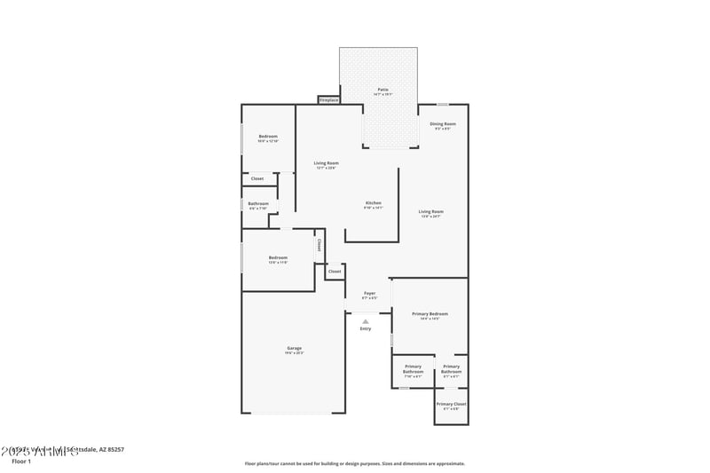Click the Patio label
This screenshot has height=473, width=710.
coord(383,90)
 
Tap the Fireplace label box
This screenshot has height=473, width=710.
coord(328,100)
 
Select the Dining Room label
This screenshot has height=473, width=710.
coord(442,123)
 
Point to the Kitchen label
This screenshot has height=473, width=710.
coord(373,203)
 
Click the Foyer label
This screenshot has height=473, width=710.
coord(369,293)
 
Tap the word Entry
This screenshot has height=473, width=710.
coord(365,329)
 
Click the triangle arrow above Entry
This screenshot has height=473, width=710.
coord(365,321)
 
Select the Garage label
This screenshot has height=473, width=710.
coord(294,348)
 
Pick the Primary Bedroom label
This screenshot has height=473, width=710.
coord(430,313)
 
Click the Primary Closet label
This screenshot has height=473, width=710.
coord(451,404)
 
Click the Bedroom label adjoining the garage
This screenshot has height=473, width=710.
coord(278,257)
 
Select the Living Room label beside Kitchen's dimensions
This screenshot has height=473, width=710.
coord(326,163)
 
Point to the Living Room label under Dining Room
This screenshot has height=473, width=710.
coord(430,211)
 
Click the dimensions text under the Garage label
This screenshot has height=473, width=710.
coord(294,353)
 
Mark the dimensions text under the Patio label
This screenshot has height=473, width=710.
coord(383,95)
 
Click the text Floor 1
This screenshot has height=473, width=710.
coord(20,461)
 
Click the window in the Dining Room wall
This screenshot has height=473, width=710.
coord(442,105)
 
